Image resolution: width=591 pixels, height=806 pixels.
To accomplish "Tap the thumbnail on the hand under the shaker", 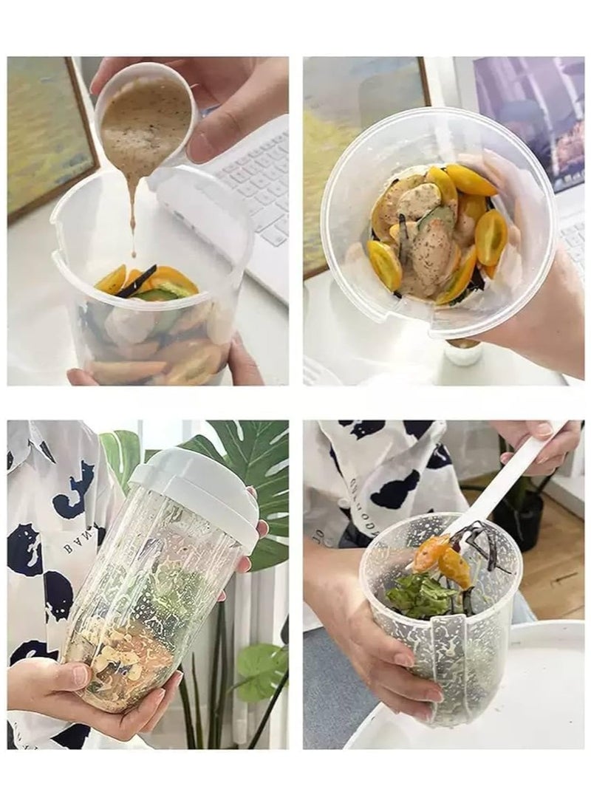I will point(80,674).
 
